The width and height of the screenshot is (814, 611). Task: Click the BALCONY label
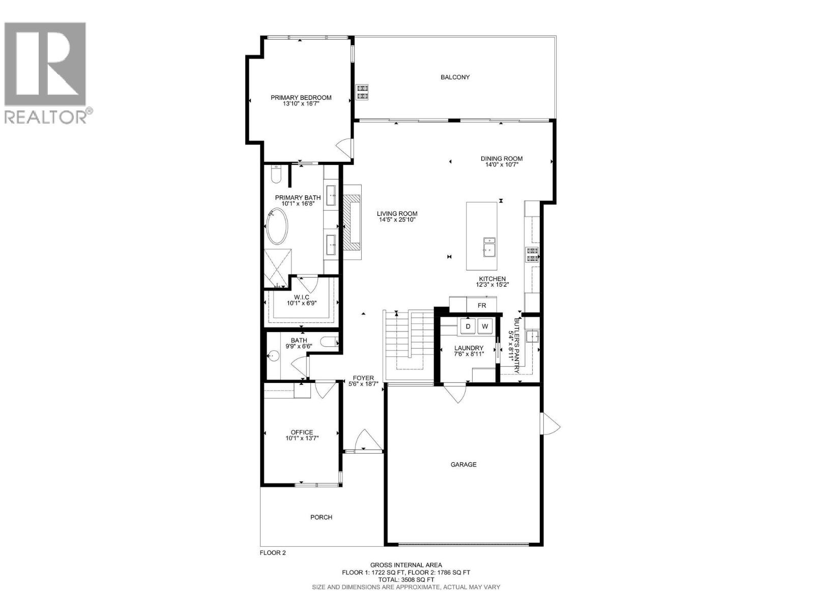pos(455,77)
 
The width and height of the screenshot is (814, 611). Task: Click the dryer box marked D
pos(468,326)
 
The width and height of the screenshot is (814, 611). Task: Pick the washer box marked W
pos(485,326)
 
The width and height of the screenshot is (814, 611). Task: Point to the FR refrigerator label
pos(481,305)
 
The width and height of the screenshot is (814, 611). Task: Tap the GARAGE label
pos(463,464)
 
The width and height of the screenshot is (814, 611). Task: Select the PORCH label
pos(321,517)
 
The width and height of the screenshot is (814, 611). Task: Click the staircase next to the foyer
pos(407,341)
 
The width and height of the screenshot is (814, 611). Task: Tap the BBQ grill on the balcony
pos(362,91)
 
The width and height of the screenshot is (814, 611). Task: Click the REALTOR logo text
pos(48,116)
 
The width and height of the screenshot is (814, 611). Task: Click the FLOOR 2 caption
pos(273,553)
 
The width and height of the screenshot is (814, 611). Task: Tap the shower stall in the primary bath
pos(277,267)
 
